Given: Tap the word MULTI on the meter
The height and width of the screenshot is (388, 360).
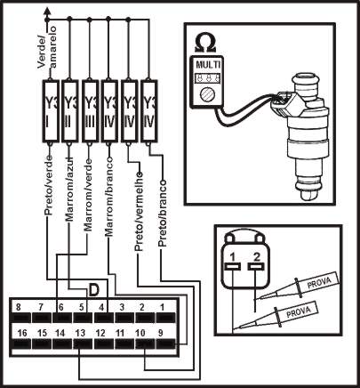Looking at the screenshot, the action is click(208, 65).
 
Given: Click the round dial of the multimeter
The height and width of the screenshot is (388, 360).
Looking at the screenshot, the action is click(206, 94).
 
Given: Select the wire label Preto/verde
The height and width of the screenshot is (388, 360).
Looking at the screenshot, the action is click(49, 185).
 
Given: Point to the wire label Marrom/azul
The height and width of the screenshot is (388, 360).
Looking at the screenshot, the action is click(69, 187).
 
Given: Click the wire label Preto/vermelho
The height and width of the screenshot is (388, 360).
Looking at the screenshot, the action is click(139, 212).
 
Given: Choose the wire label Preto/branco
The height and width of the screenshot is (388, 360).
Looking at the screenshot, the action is click(162, 214).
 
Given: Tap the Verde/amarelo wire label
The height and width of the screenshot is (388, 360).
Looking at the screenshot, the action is click(47, 47).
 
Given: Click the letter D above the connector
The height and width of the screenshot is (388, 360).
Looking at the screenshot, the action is click(94, 290).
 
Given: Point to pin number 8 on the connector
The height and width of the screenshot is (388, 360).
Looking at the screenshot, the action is click(19, 307).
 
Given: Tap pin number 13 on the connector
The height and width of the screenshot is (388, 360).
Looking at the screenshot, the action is click(80, 333).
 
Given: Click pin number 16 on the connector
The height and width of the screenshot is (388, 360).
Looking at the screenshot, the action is click(21, 333).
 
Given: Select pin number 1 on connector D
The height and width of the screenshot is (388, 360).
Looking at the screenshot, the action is click(162, 307).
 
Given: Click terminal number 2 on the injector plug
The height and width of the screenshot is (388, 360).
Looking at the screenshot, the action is click(257, 256).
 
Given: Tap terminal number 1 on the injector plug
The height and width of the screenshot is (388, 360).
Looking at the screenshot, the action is click(233, 256).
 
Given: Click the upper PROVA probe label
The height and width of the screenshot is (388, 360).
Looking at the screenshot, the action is click(319, 282).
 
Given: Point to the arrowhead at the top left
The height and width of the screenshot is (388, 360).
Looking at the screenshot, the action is click(46, 11).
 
